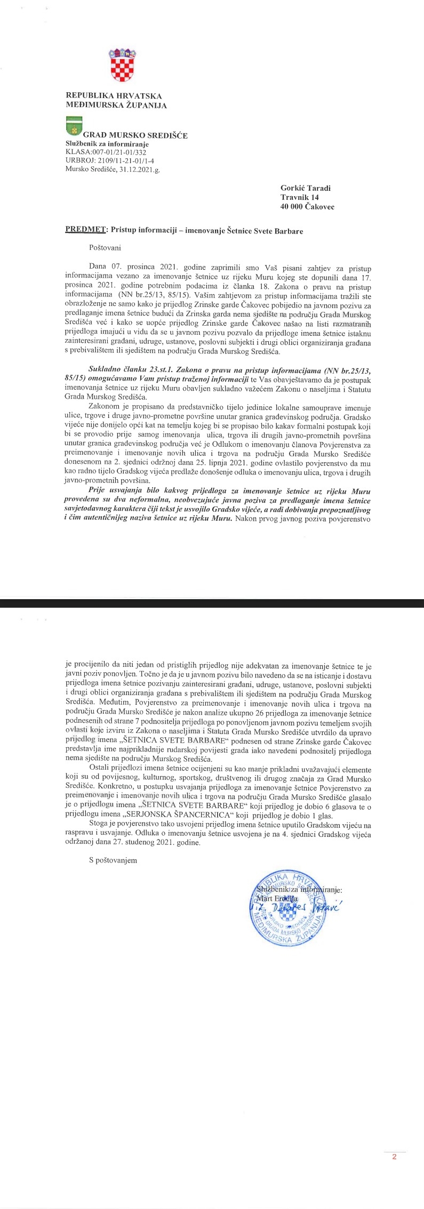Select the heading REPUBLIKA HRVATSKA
point(114,95)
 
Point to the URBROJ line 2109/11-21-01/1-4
point(110,159)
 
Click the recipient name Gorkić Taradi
point(305,188)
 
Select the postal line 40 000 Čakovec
point(307,207)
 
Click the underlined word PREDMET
point(85,230)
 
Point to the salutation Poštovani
point(105,247)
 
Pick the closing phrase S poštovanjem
point(113,860)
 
